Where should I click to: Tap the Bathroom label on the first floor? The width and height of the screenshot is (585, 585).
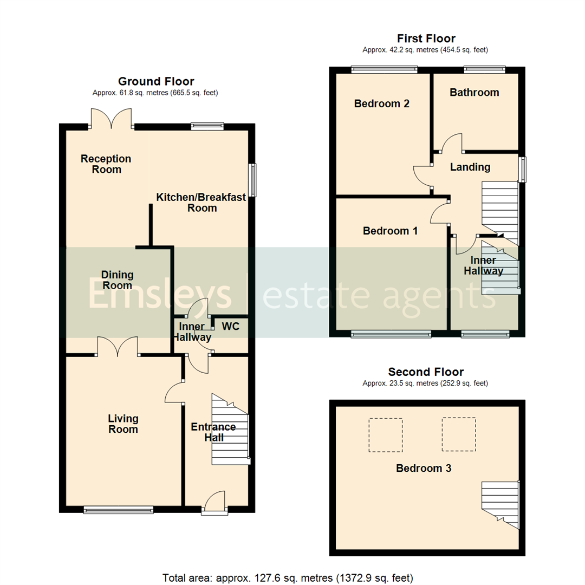[474, 93]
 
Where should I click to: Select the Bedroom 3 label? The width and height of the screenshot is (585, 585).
[424, 469]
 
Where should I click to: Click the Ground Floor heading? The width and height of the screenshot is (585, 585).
[156, 82]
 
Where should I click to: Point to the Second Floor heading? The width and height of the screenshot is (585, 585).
[426, 372]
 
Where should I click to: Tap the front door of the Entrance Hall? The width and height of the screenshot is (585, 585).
[215, 501]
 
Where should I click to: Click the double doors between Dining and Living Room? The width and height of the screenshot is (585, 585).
[118, 347]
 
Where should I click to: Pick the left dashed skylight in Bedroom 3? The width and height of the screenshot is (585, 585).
[386, 435]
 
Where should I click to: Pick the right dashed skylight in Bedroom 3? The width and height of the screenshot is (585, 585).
[459, 434]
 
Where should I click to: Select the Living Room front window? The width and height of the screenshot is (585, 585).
[119, 509]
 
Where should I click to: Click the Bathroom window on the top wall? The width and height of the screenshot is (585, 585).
[484, 69]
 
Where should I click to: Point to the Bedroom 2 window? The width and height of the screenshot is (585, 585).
[384, 69]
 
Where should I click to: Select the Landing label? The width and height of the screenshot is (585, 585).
[470, 167]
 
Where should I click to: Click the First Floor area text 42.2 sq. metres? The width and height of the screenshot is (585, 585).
[425, 50]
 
